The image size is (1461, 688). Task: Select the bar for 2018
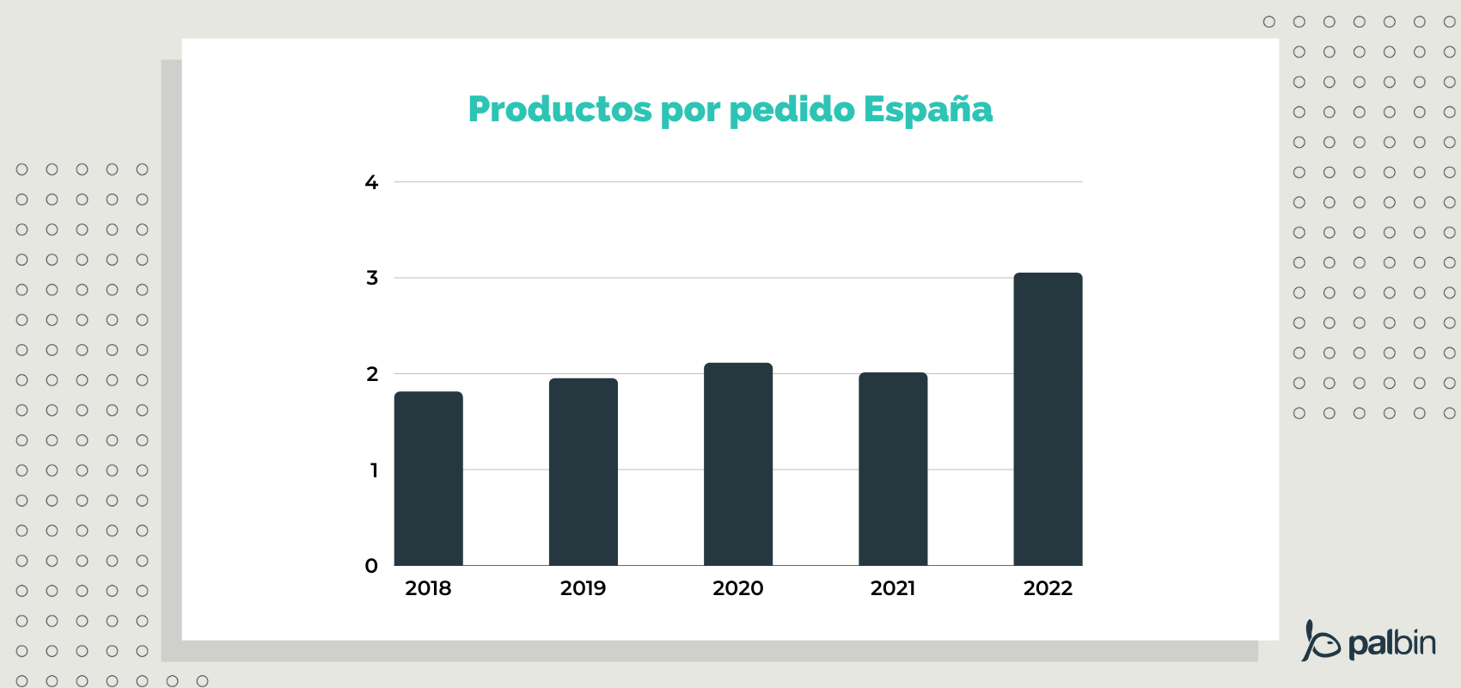[429, 479]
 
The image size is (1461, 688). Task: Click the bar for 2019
[584, 472]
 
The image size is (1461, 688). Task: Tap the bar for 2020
[738, 464]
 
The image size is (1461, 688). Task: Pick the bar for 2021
[893, 470]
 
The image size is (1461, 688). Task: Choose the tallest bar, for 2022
[1048, 420]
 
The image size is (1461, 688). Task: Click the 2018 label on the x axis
[428, 588]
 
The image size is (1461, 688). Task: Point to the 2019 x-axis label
[583, 588]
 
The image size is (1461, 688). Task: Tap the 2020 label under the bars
[737, 588]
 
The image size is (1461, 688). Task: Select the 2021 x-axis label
[892, 588]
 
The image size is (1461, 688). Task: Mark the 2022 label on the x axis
[1048, 588]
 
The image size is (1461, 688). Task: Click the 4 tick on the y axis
[371, 182]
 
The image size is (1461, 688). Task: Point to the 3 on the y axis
[372, 278]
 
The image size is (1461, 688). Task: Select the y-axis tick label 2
[372, 374]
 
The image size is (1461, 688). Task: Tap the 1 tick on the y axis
[374, 470]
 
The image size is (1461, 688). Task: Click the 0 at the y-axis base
[371, 566]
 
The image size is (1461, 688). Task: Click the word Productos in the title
[559, 109]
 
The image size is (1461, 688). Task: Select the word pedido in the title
[792, 110]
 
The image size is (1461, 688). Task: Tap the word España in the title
[927, 109]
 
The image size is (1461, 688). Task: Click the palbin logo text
[1391, 643]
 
